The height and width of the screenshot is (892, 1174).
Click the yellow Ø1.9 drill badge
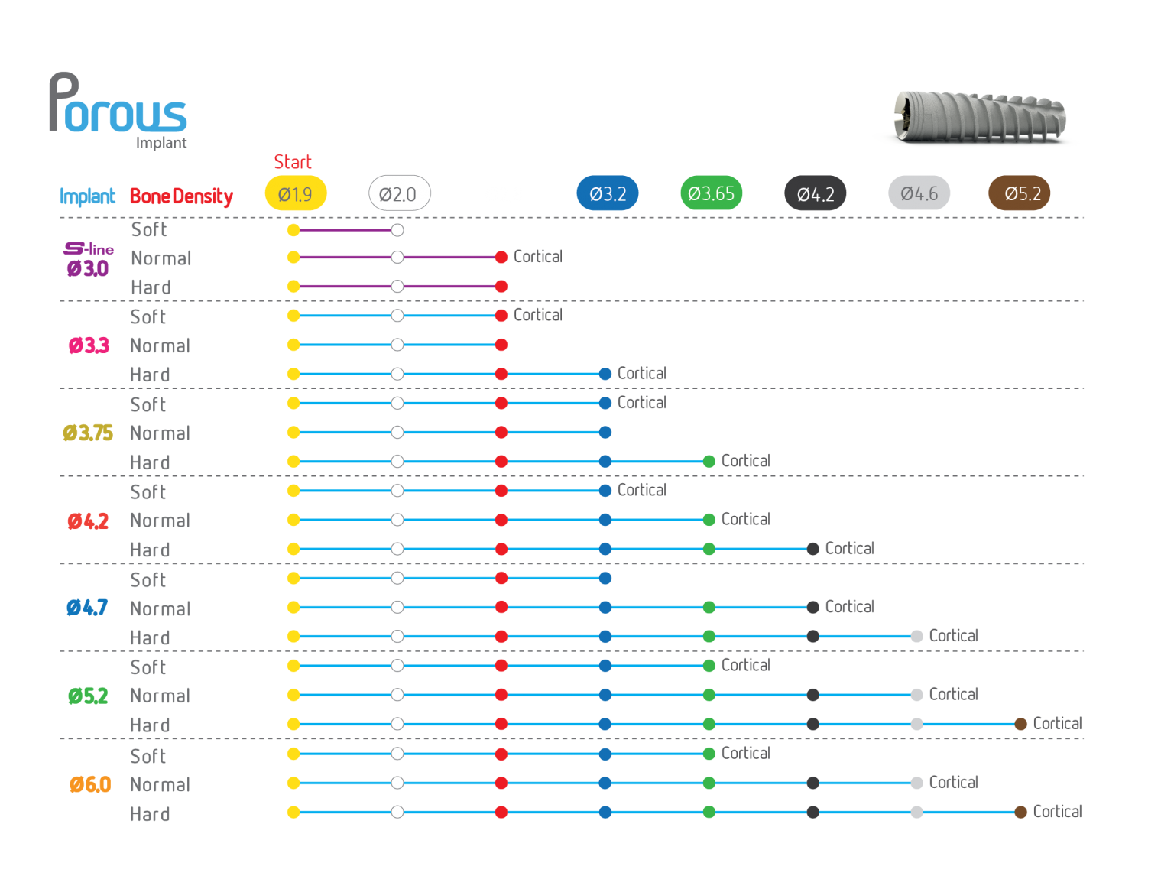(295, 193)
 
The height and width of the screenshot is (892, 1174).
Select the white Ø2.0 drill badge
(399, 193)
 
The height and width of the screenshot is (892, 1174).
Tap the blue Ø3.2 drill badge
(607, 193)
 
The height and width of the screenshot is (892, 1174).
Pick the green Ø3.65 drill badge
(711, 193)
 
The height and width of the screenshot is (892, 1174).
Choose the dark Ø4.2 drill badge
(815, 193)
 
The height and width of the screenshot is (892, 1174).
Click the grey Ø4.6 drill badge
(919, 193)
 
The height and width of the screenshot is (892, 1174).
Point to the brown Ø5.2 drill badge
(1019, 193)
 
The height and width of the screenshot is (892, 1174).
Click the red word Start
(292, 161)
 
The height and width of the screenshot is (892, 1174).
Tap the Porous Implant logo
(118, 110)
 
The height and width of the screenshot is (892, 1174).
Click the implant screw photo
(980, 118)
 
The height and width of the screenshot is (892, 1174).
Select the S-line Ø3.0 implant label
(88, 259)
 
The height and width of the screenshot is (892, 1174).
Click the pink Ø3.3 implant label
(89, 345)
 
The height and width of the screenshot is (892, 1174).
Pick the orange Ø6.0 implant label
(90, 784)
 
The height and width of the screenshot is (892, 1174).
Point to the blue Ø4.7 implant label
(87, 608)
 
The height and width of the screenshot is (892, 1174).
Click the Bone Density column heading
(181, 196)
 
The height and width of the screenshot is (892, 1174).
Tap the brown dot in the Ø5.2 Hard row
(1020, 724)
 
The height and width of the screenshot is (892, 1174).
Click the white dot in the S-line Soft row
(397, 231)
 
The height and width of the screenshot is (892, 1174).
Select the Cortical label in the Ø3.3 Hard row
(642, 373)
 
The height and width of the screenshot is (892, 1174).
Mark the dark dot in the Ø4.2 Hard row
(812, 549)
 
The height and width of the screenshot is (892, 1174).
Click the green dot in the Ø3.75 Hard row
(709, 462)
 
